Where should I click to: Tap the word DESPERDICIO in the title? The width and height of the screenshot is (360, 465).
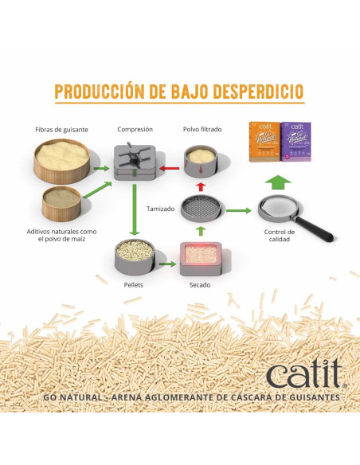pyautogui.click(x=259, y=92)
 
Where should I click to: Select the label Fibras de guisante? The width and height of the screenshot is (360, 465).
pyautogui.click(x=61, y=130)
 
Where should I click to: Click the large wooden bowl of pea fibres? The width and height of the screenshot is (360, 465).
pyautogui.click(x=62, y=161)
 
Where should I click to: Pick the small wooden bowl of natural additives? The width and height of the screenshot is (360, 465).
pyautogui.click(x=61, y=204)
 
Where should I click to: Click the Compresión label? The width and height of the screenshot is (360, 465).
pyautogui.click(x=135, y=129)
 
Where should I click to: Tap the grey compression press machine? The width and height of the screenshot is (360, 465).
pyautogui.click(x=135, y=162)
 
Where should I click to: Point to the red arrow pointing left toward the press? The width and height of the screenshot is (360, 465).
pyautogui.click(x=170, y=169)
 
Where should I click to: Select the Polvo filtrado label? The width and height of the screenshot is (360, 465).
pyautogui.click(x=202, y=129)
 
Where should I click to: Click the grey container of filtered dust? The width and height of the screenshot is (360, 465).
pyautogui.click(x=201, y=162)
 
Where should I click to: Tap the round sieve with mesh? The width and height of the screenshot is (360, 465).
pyautogui.click(x=202, y=209)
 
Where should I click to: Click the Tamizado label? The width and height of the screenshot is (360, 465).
pyautogui.click(x=160, y=209)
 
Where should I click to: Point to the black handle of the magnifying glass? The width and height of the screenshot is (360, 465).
pyautogui.click(x=314, y=229)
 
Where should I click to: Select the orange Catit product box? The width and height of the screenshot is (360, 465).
pyautogui.click(x=264, y=142)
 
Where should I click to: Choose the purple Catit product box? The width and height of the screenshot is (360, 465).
pyautogui.click(x=296, y=142)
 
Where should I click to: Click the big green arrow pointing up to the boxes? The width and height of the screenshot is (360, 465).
pyautogui.click(x=277, y=182)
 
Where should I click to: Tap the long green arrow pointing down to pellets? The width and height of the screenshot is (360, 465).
pyautogui.click(x=135, y=209)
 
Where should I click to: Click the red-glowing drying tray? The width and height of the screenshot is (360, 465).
pyautogui.click(x=201, y=259)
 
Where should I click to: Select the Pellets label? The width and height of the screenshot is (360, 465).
pyautogui.click(x=134, y=285)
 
